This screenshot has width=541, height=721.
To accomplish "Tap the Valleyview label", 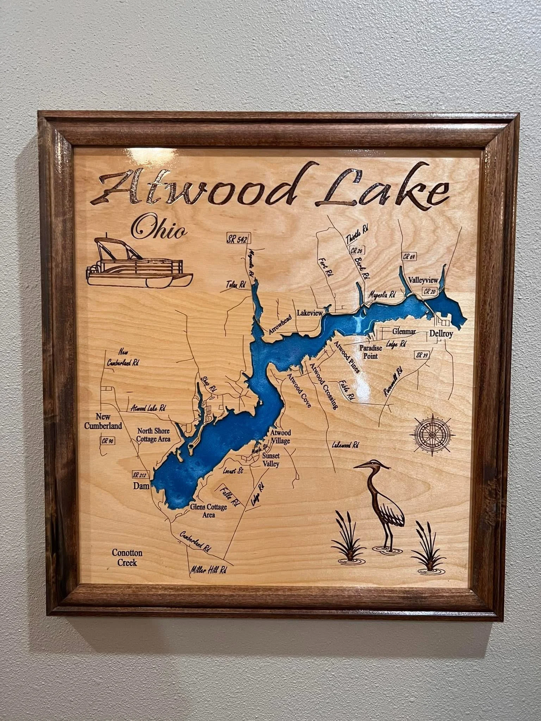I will tap(423, 280).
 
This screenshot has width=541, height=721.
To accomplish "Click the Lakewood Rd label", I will tap(345, 445).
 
